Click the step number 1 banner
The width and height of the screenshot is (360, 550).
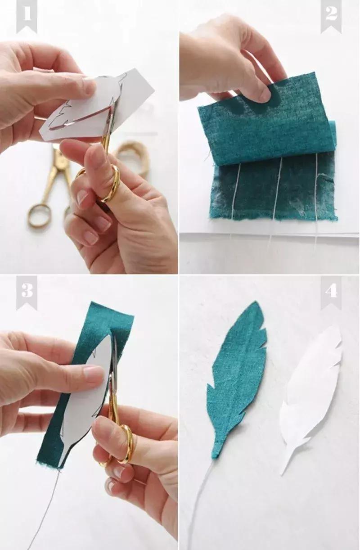[x=27, y=16]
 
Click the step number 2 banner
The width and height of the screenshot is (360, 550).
[x=331, y=16]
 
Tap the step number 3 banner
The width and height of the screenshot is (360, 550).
[x=27, y=292]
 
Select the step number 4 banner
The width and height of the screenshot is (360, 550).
[x=331, y=292]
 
